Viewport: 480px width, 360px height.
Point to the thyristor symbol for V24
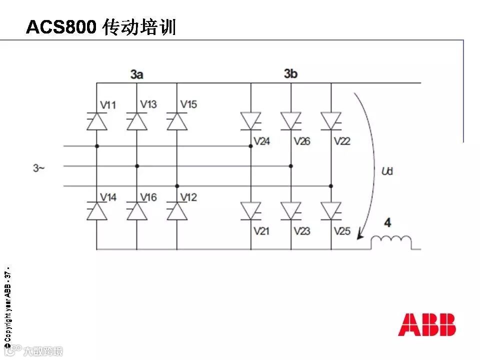(250, 120)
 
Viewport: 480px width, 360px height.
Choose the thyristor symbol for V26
(290, 120)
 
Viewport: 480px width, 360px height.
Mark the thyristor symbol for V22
(330, 120)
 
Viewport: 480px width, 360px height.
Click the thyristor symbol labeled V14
(96, 211)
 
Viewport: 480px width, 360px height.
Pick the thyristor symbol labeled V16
(136, 211)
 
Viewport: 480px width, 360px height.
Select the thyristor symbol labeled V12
(176, 211)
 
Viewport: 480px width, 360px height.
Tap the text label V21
(261, 231)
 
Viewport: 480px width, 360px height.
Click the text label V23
(302, 231)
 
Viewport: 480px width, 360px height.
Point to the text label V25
(342, 231)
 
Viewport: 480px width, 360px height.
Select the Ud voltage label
(387, 171)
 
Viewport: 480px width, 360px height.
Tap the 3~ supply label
(39, 168)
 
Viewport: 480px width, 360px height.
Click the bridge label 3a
(137, 74)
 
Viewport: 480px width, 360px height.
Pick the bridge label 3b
(290, 73)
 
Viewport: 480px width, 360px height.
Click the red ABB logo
(426, 325)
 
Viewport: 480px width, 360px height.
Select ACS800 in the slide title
(60, 27)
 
